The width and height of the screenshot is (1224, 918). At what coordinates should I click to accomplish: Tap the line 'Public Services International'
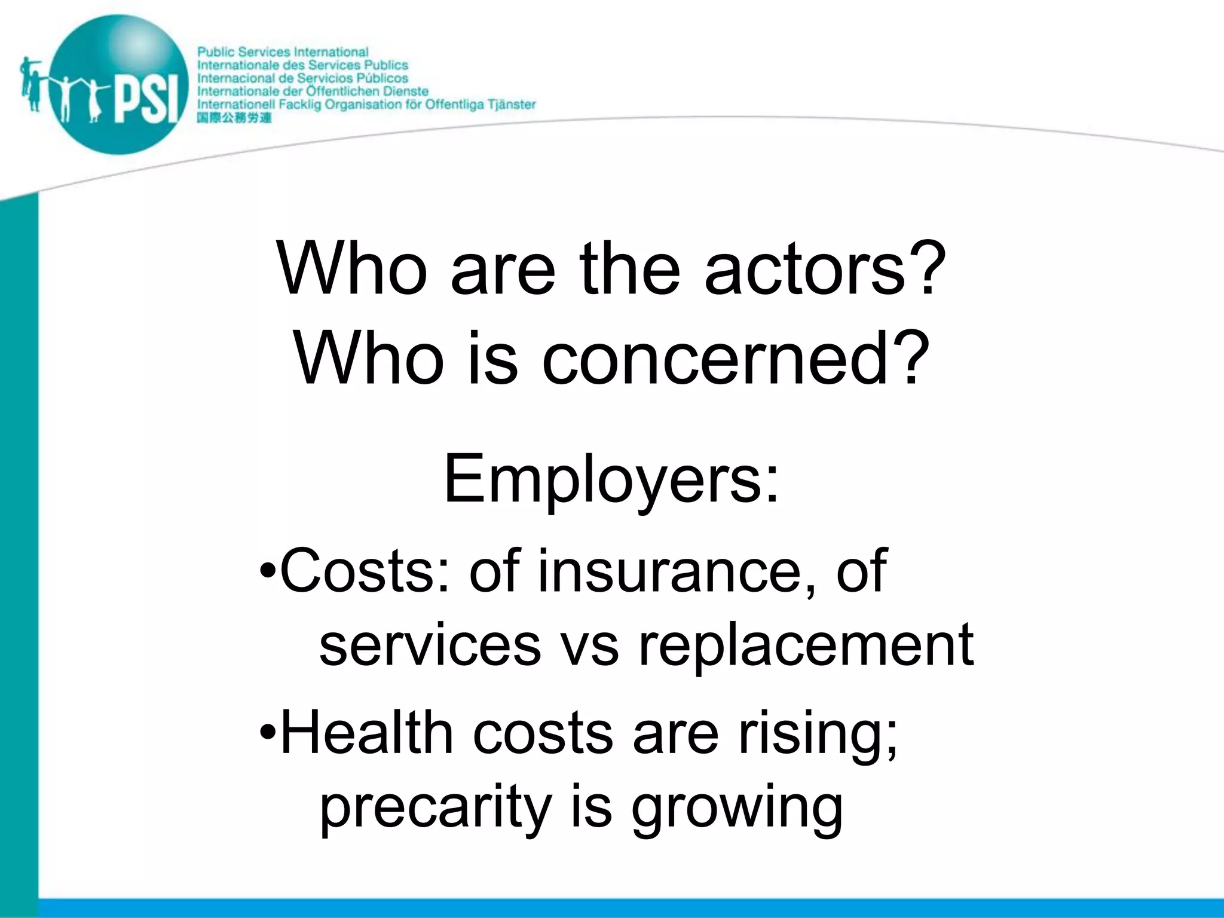283,52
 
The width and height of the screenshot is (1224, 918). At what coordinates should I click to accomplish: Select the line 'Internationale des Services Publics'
302,65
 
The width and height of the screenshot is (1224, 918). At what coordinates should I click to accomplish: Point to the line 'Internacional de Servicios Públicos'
302,78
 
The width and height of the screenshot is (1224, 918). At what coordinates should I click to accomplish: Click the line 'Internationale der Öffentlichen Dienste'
313,91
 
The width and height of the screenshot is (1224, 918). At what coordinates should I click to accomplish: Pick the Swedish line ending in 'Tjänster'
366,105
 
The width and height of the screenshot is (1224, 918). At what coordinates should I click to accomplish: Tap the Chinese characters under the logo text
234,118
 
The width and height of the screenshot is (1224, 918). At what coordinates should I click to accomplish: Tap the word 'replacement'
806,645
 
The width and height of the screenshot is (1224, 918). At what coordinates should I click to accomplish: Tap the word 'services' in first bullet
430,645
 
